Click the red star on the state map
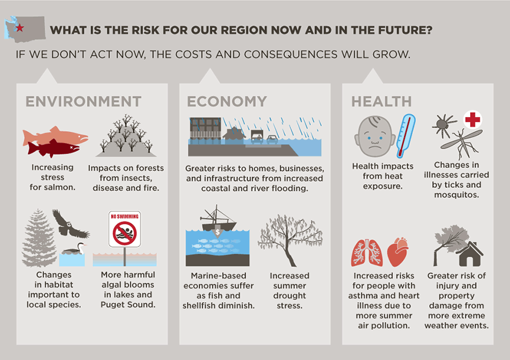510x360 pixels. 20,28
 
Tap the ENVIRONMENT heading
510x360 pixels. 83,101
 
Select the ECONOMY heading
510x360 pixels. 227,101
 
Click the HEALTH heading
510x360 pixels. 381,101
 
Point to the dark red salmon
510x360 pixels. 53,148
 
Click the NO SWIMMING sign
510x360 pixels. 124,229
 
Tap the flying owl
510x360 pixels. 70,224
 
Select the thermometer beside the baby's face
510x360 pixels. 406,136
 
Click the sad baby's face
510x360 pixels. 374,137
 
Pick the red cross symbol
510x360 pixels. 472,120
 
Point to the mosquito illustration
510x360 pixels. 461,143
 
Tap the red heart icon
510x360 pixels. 398,252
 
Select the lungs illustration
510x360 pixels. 366,253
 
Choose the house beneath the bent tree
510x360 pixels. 470,254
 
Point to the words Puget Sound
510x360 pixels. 128,304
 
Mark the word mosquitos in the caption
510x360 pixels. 456,195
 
